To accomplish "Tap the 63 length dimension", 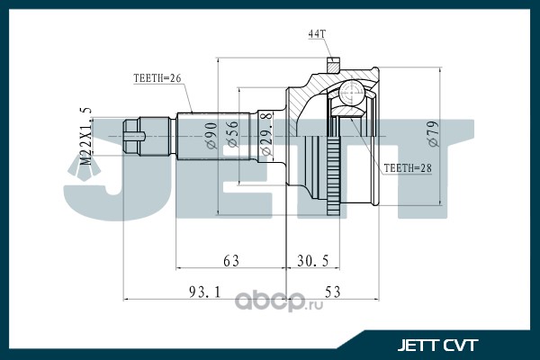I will [232, 260].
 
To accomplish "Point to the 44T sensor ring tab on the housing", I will [334, 66].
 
